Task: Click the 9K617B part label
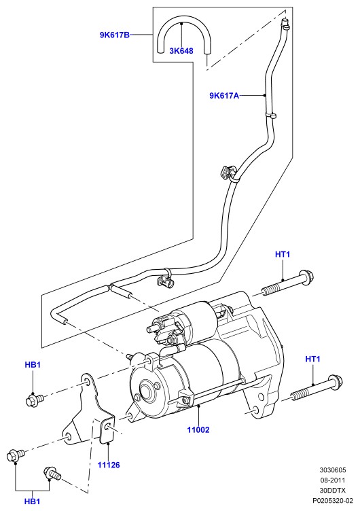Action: tap(114, 35)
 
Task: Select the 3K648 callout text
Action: tap(181, 51)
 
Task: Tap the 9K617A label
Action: tap(224, 96)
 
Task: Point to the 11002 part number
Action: tap(198, 430)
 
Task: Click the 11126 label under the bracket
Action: tap(109, 465)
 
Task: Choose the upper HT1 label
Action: tap(283, 254)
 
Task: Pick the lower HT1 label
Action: tap(312, 359)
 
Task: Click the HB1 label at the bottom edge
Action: tap(32, 501)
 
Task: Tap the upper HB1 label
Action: tap(33, 365)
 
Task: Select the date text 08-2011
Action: tap(332, 480)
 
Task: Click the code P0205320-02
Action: tap(332, 500)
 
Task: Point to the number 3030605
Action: tap(332, 470)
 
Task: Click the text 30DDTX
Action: tap(332, 490)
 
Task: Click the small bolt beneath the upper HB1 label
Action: tap(35, 400)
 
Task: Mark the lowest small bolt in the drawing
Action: tap(52, 474)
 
